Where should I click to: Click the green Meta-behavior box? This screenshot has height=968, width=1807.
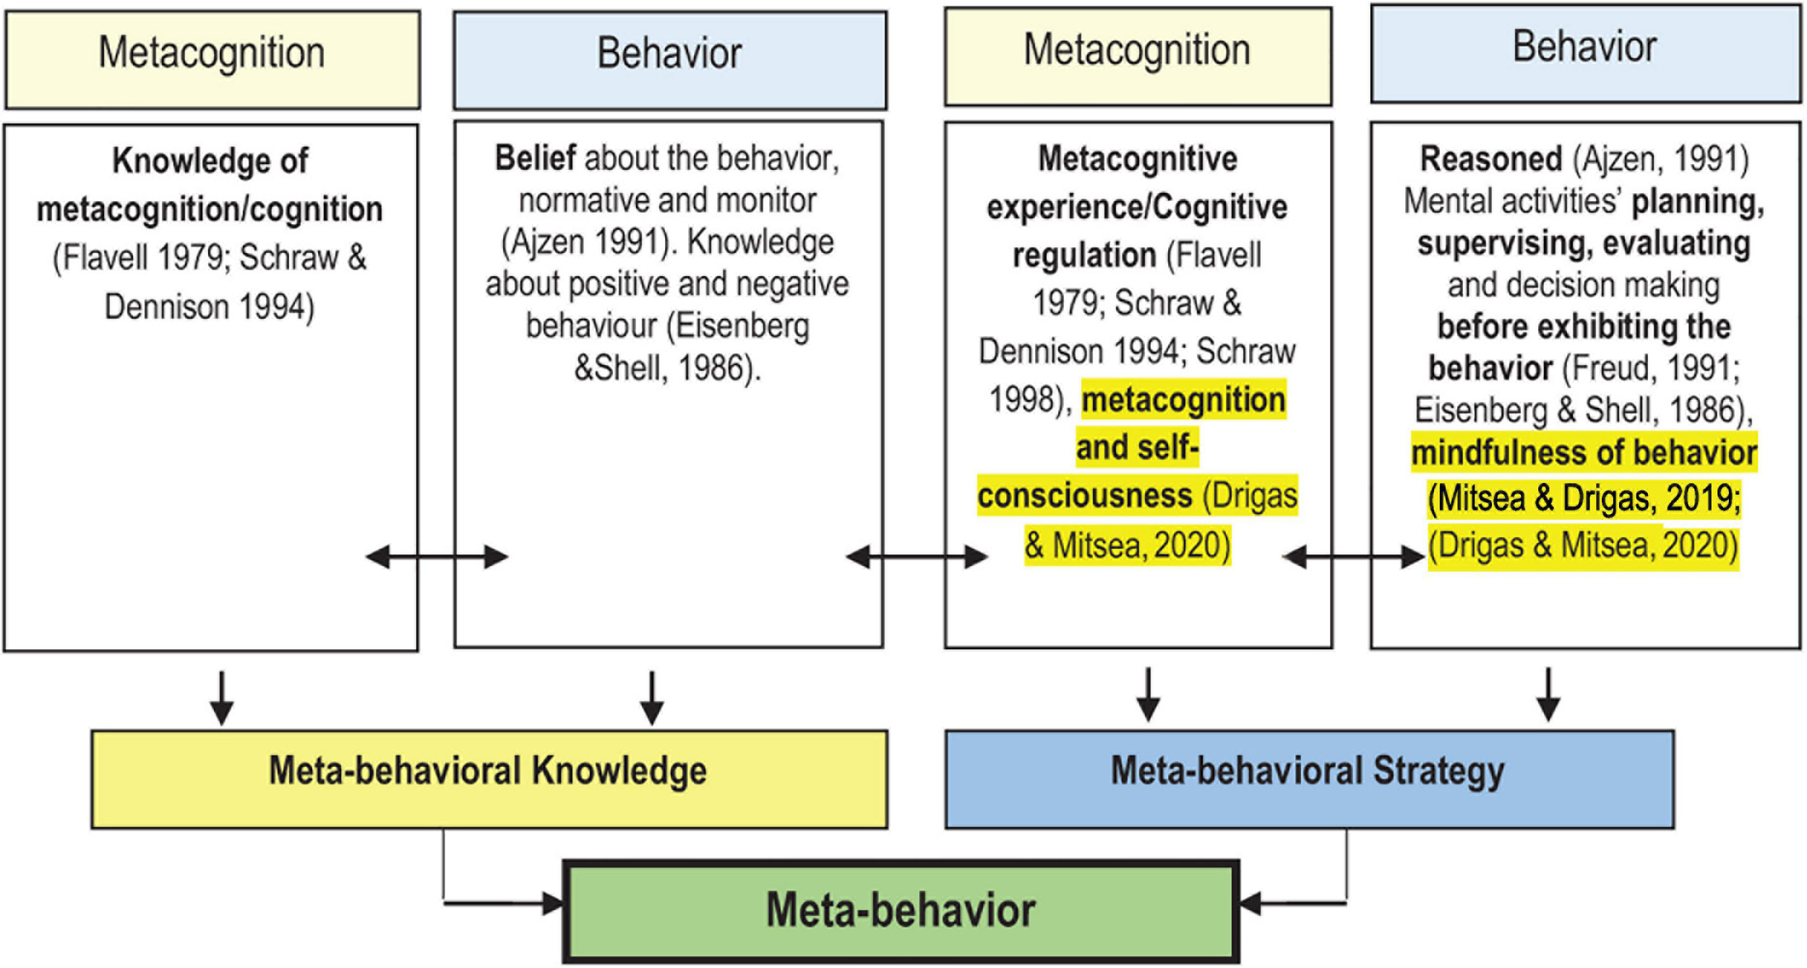tap(901, 910)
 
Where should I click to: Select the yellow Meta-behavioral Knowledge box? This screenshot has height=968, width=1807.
tap(489, 779)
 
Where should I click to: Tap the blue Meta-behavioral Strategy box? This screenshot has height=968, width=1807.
tap(1308, 779)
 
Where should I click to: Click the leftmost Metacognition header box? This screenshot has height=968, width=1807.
tap(212, 59)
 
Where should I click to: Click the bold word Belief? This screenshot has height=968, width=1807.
tap(535, 158)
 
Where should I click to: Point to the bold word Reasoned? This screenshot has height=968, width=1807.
tap(1490, 159)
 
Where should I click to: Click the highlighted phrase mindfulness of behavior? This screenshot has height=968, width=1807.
tap(1584, 453)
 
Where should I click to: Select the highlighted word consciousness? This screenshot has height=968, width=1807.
tap(1084, 496)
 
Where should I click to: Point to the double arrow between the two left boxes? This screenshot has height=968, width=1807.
tap(437, 557)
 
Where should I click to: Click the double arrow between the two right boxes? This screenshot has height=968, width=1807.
tap(1353, 557)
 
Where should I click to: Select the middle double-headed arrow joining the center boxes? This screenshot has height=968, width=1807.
tap(916, 557)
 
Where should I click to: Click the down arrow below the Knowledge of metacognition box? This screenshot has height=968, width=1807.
tap(221, 698)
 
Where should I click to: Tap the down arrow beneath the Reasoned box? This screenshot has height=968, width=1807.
tap(1548, 694)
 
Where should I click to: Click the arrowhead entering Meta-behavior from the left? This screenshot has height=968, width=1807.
tap(553, 903)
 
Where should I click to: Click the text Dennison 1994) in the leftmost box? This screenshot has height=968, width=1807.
tap(210, 307)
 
